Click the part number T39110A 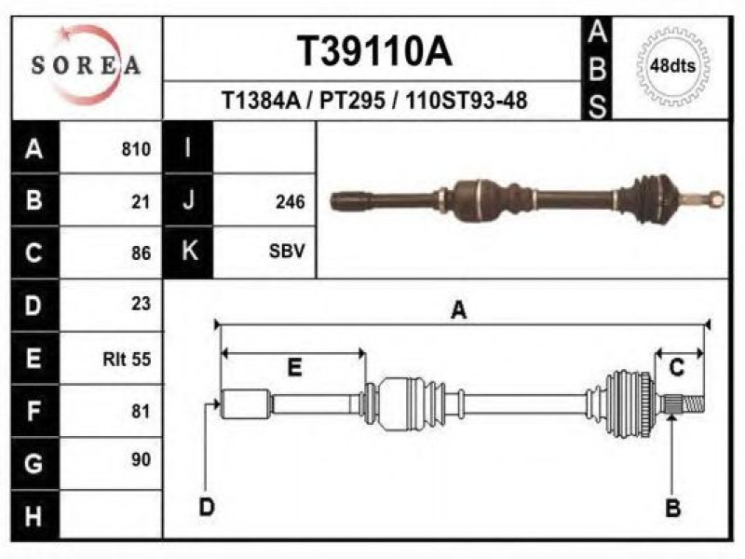point(374,51)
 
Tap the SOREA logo point(86,65)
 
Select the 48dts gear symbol point(672,66)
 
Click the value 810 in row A point(136,149)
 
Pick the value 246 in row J point(290,202)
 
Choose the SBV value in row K point(287,251)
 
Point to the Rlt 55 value point(127,359)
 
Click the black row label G point(34,463)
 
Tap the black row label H point(34,515)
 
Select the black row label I point(188,147)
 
